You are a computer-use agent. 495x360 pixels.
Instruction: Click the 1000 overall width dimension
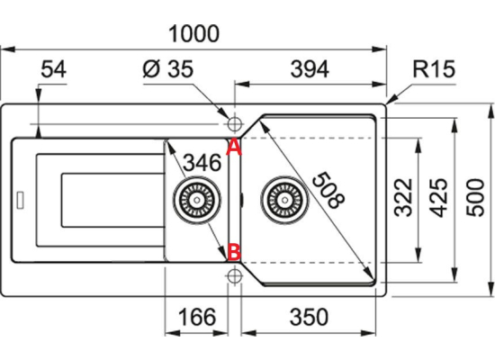pos(193,33)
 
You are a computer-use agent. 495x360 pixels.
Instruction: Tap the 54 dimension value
pos(54,69)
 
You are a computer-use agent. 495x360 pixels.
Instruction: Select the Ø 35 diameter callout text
pos(167,68)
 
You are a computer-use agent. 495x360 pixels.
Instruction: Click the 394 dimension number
pos(310,69)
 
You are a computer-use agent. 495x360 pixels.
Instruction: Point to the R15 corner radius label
pos(434,68)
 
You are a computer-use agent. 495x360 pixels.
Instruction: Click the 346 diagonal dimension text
pos(202,163)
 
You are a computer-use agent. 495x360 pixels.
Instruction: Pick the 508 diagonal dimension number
pos(328,190)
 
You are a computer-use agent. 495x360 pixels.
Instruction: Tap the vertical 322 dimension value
pos(404,198)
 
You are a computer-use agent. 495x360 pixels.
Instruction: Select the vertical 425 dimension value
pos(439,198)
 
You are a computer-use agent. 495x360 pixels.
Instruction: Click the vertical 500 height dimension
pos(475,198)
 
